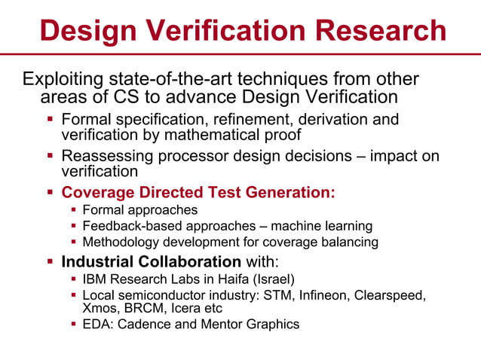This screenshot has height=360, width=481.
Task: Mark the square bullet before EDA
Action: (74, 325)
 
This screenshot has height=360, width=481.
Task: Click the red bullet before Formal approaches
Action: (74, 210)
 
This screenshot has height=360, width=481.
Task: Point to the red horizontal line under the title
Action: (240, 54)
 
